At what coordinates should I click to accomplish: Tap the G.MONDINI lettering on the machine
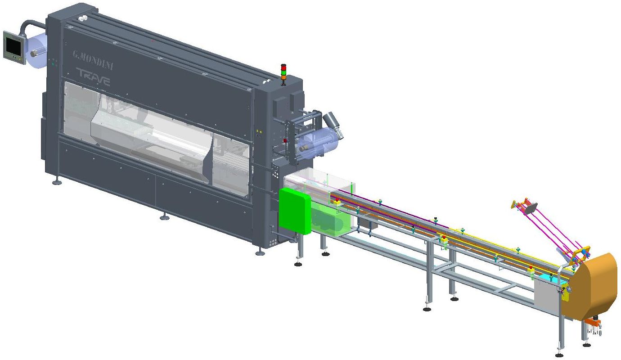pos(93,60)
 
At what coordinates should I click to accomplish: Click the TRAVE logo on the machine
pos(93,76)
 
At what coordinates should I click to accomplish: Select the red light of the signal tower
pos(283,67)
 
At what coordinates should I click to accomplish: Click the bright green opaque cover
pos(294,211)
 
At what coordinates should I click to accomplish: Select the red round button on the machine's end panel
pos(285,141)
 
